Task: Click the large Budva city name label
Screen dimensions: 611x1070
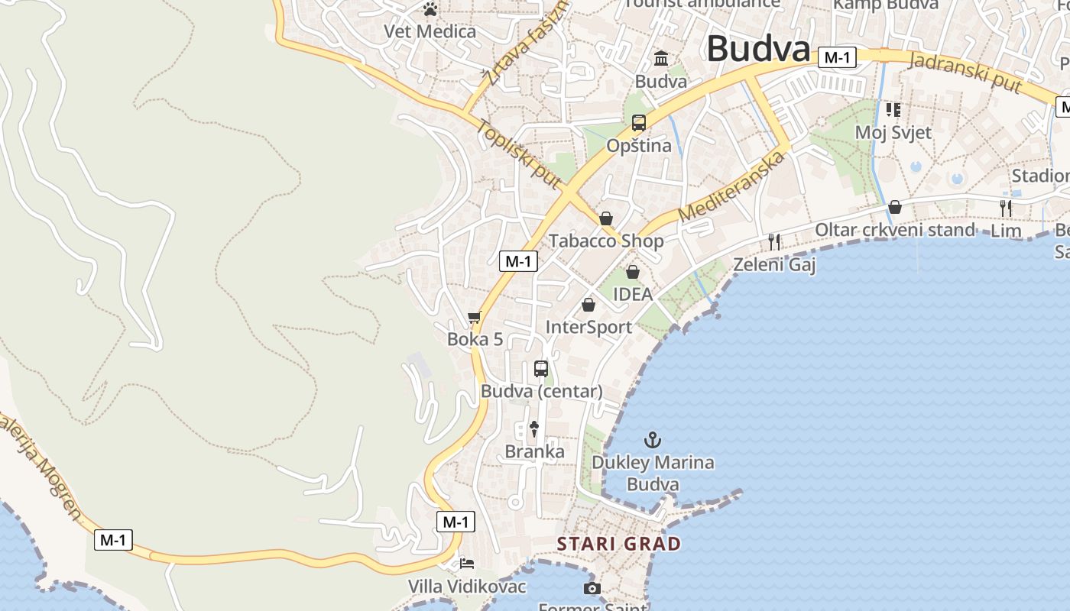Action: pyautogui.click(x=757, y=49)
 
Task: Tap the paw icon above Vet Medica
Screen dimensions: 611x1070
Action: pyautogui.click(x=430, y=10)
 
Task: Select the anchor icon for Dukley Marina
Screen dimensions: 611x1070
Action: pyautogui.click(x=653, y=440)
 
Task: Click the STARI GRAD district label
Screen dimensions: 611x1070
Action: pyautogui.click(x=618, y=544)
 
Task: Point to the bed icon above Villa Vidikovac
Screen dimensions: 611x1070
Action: pyautogui.click(x=467, y=564)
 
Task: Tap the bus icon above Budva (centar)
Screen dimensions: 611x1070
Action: pyautogui.click(x=541, y=369)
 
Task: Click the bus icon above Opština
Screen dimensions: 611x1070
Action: pyautogui.click(x=638, y=122)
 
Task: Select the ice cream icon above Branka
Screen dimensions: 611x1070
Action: pyautogui.click(x=534, y=429)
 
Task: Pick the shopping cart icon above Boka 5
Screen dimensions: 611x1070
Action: pyautogui.click(x=475, y=317)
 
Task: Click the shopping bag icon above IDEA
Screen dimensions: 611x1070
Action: pyautogui.click(x=633, y=272)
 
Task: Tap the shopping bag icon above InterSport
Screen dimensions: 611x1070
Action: pyautogui.click(x=588, y=305)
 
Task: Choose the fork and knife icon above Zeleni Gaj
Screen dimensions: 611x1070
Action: pyautogui.click(x=774, y=242)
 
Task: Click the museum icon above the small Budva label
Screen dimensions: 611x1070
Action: pyautogui.click(x=661, y=58)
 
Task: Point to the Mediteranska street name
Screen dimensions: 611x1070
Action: pyautogui.click(x=731, y=186)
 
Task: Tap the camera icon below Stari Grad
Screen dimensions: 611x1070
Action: pyautogui.click(x=592, y=588)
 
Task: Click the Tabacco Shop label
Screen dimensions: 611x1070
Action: pyautogui.click(x=606, y=241)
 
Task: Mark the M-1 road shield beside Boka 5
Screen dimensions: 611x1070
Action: pyautogui.click(x=518, y=261)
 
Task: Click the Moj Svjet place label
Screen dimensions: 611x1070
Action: pyautogui.click(x=893, y=132)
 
